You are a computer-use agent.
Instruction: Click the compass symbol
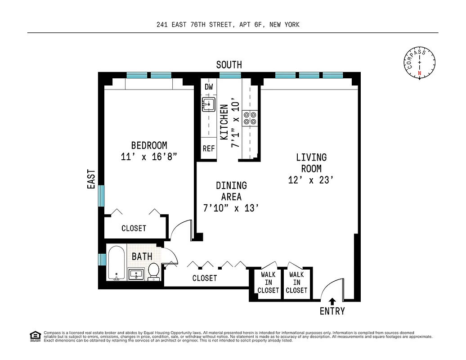(419, 63)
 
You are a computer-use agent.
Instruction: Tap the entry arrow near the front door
(332, 302)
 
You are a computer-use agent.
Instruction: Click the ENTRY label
(332, 311)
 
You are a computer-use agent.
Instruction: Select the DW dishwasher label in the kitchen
(209, 86)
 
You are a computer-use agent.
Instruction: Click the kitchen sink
(209, 104)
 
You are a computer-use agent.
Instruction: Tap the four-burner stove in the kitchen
(250, 118)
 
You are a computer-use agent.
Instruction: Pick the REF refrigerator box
(209, 148)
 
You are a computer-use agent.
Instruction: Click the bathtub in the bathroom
(116, 263)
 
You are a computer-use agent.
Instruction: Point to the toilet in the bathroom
(154, 272)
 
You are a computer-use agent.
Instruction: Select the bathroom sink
(136, 274)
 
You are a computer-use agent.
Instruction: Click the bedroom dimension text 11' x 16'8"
(149, 157)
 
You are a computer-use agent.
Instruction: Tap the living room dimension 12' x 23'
(311, 180)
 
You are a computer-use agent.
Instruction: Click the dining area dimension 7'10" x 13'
(231, 208)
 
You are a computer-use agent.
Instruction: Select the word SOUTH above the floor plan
(229, 65)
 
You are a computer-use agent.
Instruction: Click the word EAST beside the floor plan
(92, 179)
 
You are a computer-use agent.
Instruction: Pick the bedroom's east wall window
(102, 196)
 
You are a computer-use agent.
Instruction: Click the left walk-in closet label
(268, 282)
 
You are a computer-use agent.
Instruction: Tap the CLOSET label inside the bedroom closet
(134, 228)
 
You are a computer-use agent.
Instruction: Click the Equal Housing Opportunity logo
(35, 336)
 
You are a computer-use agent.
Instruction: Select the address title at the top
(228, 25)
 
